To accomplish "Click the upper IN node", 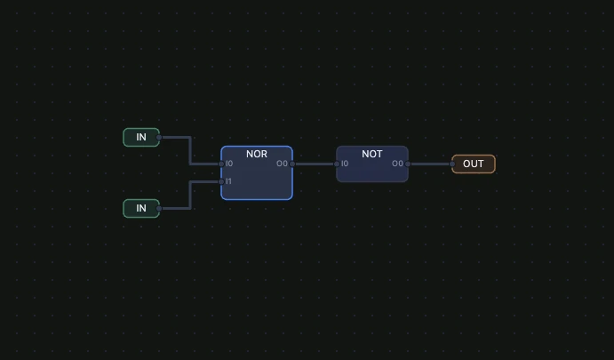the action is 141,138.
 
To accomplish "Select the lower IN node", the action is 141,208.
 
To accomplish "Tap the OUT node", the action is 473,164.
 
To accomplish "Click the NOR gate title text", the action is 257,154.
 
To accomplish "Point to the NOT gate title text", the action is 372,154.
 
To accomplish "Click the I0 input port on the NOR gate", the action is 221,164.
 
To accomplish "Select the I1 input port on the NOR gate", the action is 221,181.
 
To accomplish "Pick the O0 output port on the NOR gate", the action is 292,164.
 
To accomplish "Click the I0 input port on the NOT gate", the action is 337,164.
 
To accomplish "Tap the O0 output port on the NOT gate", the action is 408,164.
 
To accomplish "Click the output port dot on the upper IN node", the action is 159,138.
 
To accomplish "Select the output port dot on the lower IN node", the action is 159,208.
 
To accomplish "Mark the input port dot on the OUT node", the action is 452,164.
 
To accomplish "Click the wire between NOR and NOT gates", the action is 315,164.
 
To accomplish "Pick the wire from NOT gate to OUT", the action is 430,164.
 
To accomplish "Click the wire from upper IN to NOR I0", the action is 190,151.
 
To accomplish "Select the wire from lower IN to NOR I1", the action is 190,195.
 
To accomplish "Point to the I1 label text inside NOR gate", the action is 228,181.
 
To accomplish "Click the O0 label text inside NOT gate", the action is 397,164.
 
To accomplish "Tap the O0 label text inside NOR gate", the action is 282,164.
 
